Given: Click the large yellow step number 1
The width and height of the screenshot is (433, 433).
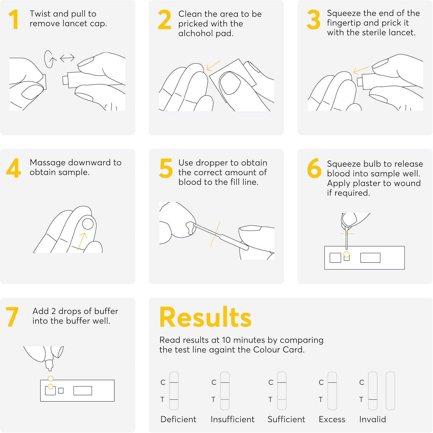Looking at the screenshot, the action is coord(14,19).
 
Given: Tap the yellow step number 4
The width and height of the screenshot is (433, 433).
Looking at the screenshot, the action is coord(14,168).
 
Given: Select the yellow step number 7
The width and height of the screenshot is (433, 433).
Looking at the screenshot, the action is coord(12,317).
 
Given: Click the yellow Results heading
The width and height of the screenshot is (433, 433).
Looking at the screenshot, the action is coord(205,317).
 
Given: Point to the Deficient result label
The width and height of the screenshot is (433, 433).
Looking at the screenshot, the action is coord(178,419).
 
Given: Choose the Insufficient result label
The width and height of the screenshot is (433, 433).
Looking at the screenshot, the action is coord(233,419).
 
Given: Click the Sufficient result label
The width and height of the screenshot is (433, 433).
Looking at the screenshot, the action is coord(286,419).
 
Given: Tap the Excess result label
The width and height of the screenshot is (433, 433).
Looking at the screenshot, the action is coord(332,419).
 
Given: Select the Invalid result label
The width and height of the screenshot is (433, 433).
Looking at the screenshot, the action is coord(373,419).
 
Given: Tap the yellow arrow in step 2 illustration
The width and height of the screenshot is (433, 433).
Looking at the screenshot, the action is coord(213,66).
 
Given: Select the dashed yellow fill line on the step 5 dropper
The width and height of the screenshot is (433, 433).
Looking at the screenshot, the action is coord(215,234).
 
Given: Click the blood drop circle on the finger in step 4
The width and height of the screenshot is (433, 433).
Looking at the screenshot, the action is coord(88,224).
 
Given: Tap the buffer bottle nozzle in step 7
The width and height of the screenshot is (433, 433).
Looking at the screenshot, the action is coord(50,365).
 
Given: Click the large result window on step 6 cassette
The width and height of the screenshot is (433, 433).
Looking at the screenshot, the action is coord(370,258).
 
